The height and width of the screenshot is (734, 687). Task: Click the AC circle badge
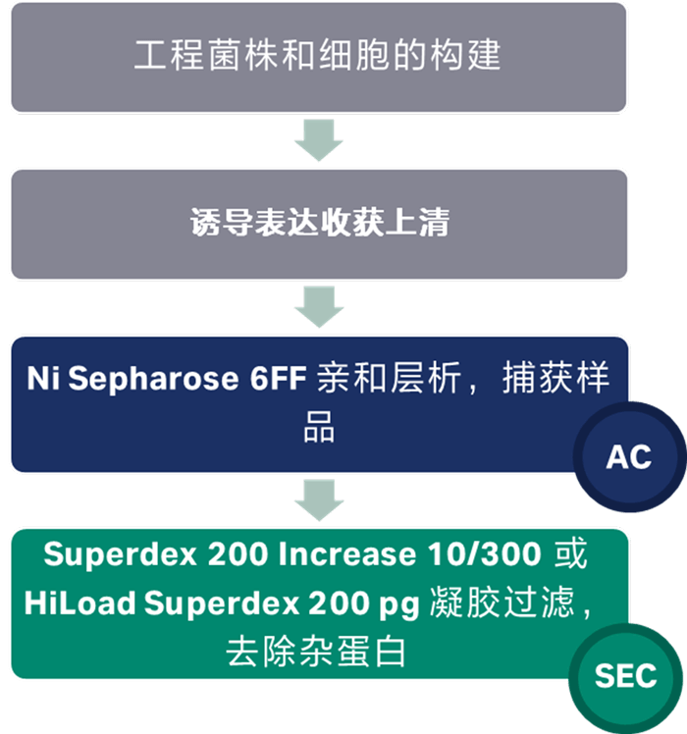point(629,457)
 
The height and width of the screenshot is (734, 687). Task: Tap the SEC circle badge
point(627,676)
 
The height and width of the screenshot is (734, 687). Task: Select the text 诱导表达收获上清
point(318,223)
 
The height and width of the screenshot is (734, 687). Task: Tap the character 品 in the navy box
point(318,429)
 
